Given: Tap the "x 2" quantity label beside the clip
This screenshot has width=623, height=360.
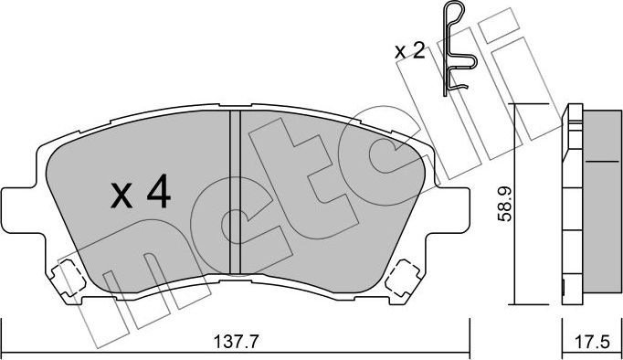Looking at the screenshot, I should coord(410,51).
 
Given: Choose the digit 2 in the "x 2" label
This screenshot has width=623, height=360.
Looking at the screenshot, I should coord(418,51).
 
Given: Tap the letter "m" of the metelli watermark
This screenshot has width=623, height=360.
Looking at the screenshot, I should coord(119,292).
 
